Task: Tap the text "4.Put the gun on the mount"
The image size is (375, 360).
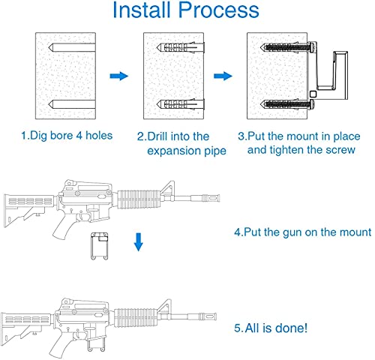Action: coord(302,232)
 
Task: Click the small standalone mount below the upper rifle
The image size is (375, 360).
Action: coord(99,245)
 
